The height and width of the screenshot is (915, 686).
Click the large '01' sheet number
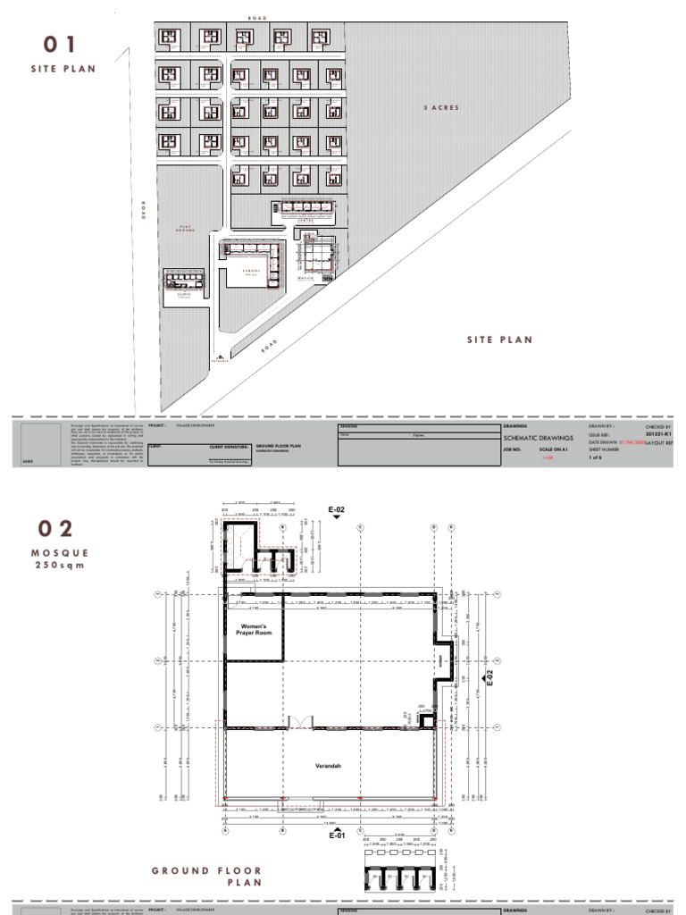point(63,45)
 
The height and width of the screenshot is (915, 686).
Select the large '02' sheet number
point(63,529)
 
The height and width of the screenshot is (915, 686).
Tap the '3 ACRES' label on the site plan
point(441,107)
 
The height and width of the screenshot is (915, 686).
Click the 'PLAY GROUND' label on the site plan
point(186,229)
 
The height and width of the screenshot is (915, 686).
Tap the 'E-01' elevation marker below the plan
point(337,836)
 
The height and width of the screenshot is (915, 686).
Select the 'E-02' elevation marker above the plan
point(336,510)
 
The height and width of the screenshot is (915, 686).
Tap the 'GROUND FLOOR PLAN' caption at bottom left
point(206,876)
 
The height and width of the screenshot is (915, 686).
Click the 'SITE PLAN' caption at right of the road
point(499,340)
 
